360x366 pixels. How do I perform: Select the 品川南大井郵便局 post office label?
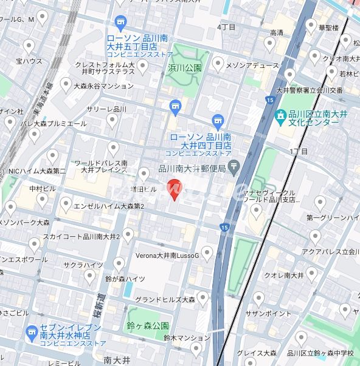tap(192, 168)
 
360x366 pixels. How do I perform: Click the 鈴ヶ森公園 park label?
tap(148, 326)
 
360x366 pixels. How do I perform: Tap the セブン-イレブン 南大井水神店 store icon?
tap(32, 332)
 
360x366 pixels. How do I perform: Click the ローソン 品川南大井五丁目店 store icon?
tap(120, 22)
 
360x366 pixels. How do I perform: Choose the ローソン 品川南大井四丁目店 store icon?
tap(218, 121)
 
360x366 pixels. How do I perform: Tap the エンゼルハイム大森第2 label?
tap(109, 206)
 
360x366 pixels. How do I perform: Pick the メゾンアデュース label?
tap(253, 63)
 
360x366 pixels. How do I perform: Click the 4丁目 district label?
tap(226, 27)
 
